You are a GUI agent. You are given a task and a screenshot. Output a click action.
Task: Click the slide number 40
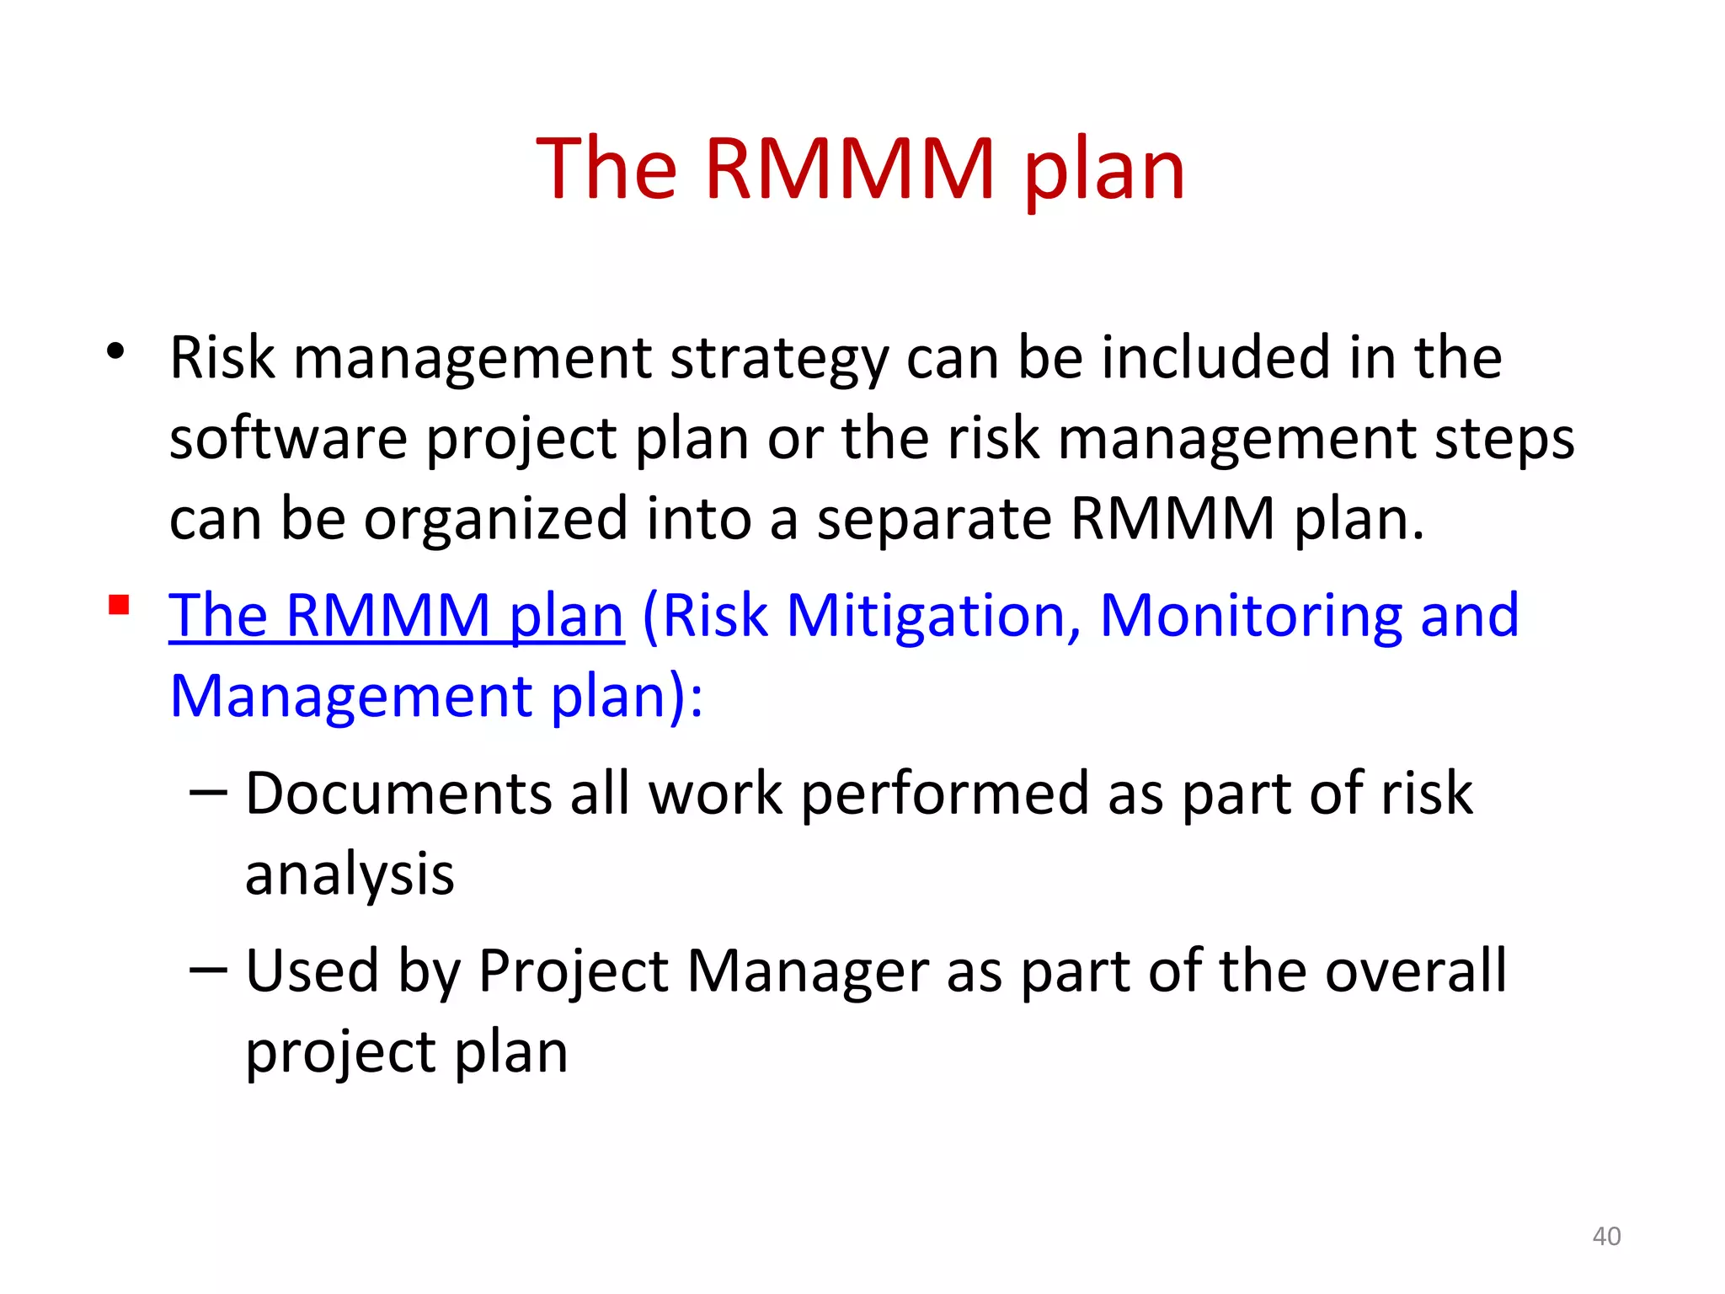click(x=1606, y=1236)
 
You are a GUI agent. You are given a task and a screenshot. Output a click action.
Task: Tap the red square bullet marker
click(x=119, y=605)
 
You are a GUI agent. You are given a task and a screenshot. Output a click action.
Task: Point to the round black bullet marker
click(x=116, y=351)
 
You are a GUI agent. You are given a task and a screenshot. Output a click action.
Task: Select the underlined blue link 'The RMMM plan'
click(x=396, y=616)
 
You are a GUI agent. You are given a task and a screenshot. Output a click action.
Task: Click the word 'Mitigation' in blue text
click(x=933, y=616)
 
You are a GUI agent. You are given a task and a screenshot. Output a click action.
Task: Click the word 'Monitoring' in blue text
click(x=1250, y=616)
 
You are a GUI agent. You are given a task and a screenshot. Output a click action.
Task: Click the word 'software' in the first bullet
click(x=288, y=439)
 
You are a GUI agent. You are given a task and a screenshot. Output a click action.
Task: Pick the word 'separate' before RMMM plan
click(x=933, y=521)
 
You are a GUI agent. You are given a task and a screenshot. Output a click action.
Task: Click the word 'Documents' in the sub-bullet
click(x=398, y=794)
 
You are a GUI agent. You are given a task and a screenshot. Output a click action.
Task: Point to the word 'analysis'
click(x=350, y=874)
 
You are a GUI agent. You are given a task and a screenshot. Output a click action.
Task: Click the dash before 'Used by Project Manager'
click(x=208, y=970)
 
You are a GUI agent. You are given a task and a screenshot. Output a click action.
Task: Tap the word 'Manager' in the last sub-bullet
click(x=808, y=971)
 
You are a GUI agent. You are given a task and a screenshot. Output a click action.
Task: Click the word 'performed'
click(x=944, y=795)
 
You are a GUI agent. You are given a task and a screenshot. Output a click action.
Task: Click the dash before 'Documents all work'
click(x=208, y=793)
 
